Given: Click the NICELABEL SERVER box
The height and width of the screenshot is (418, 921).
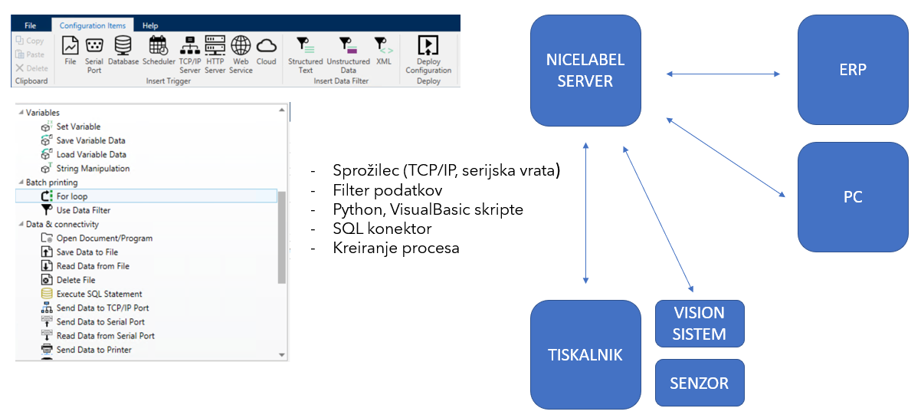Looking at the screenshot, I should tap(585, 71).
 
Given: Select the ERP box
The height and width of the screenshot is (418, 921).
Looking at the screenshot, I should tap(853, 70).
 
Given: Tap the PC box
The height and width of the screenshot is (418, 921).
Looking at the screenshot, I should tap(853, 197).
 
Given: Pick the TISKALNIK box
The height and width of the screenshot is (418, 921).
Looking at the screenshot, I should tap(585, 354).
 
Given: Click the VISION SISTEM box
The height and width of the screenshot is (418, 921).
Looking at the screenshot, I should tap(699, 324).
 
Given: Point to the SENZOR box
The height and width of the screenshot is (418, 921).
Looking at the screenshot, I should tap(699, 383).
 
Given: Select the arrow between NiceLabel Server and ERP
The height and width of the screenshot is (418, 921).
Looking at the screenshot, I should tap(723, 74).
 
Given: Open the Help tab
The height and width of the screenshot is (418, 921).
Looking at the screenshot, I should tap(150, 25).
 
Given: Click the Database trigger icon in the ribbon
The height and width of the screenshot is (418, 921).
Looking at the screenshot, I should tap(123, 51).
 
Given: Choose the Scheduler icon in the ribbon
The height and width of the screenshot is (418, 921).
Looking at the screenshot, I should tap(159, 51).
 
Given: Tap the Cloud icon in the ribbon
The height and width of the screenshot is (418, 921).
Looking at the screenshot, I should tap(266, 51).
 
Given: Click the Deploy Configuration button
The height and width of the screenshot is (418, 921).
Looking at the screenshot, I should tap(428, 53).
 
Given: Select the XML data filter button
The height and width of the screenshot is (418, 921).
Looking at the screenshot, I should tap(382, 51).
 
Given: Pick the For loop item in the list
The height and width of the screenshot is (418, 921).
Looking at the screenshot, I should tap(72, 196).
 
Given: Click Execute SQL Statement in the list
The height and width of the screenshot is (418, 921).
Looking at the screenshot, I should tap(99, 294).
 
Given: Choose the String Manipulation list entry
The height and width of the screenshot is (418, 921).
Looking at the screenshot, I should tap(93, 168).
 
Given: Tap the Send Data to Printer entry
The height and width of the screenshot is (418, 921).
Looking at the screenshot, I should tap(93, 350).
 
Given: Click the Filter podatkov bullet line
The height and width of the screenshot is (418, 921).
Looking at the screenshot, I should tap(387, 189).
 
